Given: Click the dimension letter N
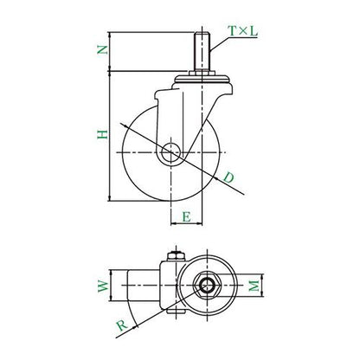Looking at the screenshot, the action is (102, 50).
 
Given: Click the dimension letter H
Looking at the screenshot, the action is (102, 134).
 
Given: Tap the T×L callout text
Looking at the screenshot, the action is (242, 31).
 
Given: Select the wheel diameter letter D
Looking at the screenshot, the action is (228, 177).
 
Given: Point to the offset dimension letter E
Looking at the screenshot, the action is (187, 216).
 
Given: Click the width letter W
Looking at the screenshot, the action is (103, 286).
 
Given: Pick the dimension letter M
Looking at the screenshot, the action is (254, 286).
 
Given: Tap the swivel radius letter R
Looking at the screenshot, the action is (122, 325).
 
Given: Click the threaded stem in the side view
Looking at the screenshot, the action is (202, 52).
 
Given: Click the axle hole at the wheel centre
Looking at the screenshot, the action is (170, 152).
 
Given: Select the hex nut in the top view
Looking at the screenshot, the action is (207, 286).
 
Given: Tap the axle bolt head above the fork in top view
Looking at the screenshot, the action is (176, 256).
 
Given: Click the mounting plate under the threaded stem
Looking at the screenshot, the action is (202, 79).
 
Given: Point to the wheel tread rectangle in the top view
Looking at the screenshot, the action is (144, 286).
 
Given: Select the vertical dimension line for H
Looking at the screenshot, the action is (110, 136).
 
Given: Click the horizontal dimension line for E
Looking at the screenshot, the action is (187, 223).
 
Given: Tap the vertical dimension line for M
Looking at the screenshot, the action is (262, 286).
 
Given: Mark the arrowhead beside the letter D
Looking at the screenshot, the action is (215, 177).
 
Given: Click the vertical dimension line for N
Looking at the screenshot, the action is (110, 51).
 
